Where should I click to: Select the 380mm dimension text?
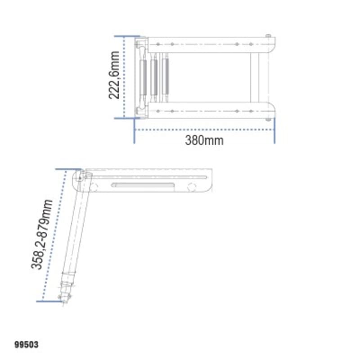click(204, 140)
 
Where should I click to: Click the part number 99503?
click(27, 345)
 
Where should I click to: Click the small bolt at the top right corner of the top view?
click(268, 36)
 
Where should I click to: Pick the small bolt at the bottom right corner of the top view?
click(268, 119)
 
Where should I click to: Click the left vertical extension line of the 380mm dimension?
click(135, 131)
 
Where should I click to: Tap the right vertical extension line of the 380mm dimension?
click(274, 131)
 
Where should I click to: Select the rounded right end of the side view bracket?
click(209, 182)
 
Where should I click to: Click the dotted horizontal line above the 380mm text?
click(204, 130)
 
